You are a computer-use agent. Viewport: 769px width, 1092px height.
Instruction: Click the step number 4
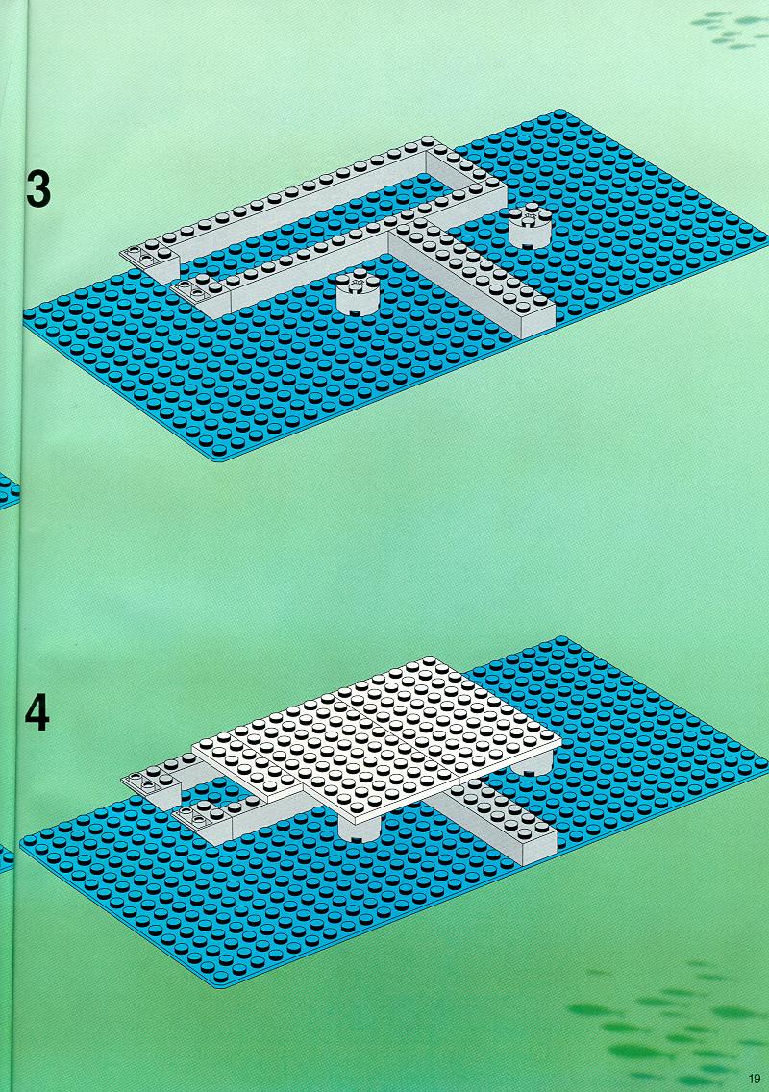37,712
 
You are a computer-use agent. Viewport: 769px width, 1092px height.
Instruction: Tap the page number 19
756,1079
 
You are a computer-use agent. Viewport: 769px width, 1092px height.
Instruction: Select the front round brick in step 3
358,293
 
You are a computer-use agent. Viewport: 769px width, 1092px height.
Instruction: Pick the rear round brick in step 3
530,226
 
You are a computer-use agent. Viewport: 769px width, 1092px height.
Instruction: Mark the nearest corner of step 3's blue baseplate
217,459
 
